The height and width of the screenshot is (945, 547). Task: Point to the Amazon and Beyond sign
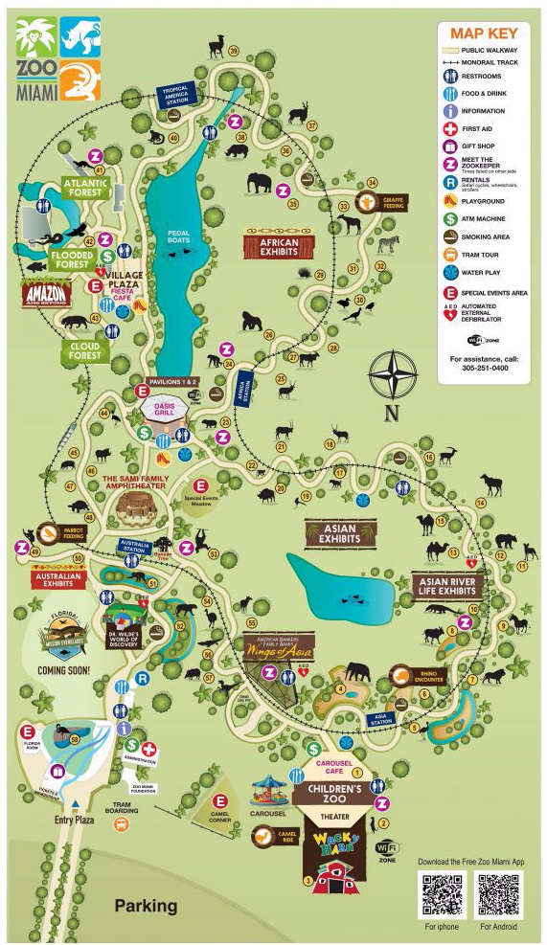tap(47, 295)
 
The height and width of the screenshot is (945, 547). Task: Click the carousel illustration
tap(270, 791)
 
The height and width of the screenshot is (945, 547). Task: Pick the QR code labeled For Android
tap(499, 894)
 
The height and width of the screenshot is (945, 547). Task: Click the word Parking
tap(146, 905)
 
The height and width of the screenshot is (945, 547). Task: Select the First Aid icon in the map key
tap(451, 128)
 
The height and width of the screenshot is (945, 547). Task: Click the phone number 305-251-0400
tap(484, 368)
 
